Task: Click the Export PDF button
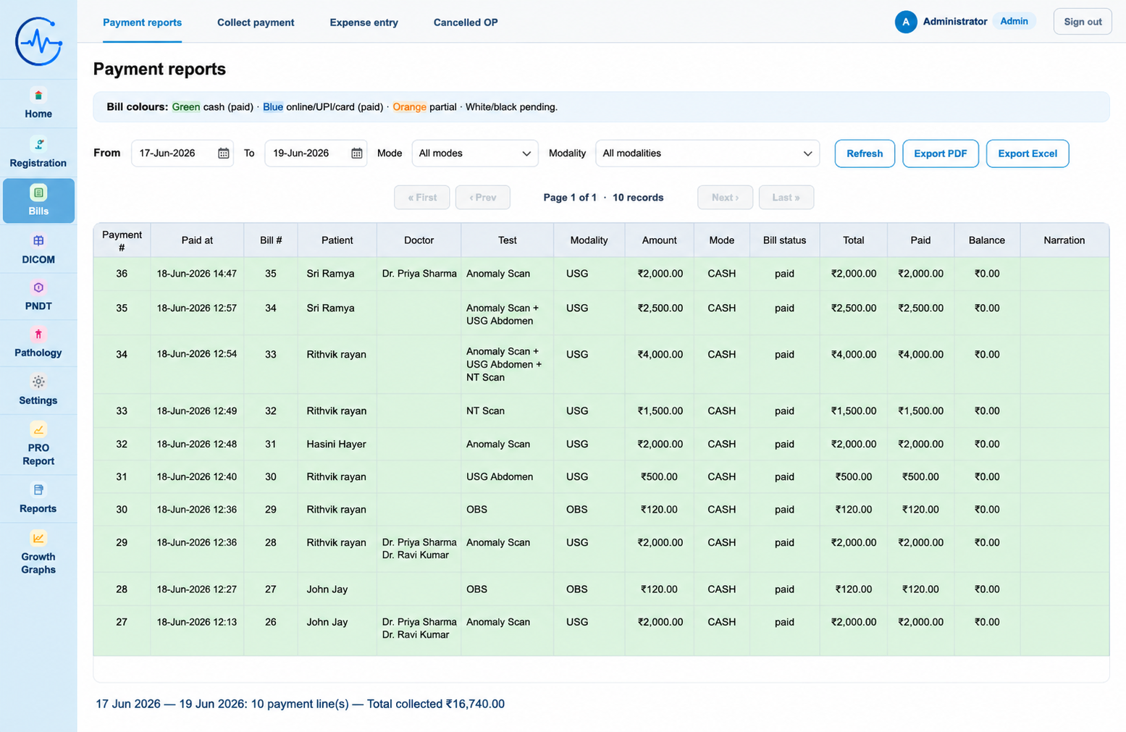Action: pyautogui.click(x=940, y=153)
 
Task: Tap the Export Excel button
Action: pyautogui.click(x=1027, y=153)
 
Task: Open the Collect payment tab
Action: pyautogui.click(x=256, y=22)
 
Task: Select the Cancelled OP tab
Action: pyautogui.click(x=466, y=22)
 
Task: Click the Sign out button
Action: pyautogui.click(x=1083, y=22)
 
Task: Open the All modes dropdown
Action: pyautogui.click(x=474, y=153)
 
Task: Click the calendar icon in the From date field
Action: pyautogui.click(x=224, y=153)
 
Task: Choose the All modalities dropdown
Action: pyautogui.click(x=707, y=153)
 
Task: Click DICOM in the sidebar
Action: pyautogui.click(x=38, y=249)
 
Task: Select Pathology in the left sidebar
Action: pyautogui.click(x=38, y=343)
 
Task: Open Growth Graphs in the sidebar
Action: pyautogui.click(x=38, y=553)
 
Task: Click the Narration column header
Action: pyautogui.click(x=1064, y=240)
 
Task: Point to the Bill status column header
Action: pyautogui.click(x=784, y=240)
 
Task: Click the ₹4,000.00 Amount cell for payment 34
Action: pyautogui.click(x=660, y=355)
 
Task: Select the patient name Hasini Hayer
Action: pyautogui.click(x=336, y=444)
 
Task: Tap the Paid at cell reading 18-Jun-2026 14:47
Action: pyautogui.click(x=196, y=274)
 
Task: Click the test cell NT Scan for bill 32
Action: pyautogui.click(x=485, y=411)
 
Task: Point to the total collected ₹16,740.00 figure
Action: pyautogui.click(x=475, y=704)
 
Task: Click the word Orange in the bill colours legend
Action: pyautogui.click(x=409, y=107)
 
